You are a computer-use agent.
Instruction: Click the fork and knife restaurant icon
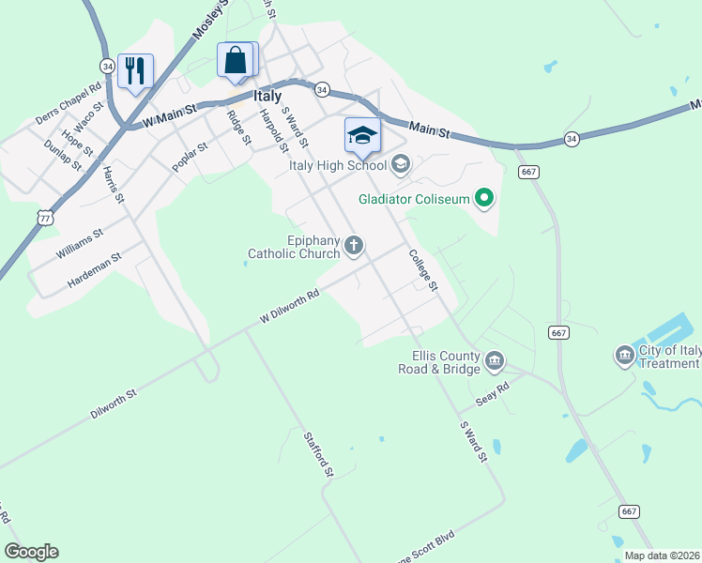(135, 70)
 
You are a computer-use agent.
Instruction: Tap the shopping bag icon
(236, 60)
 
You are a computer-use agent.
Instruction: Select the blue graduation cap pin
(362, 135)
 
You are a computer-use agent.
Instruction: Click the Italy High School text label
(337, 166)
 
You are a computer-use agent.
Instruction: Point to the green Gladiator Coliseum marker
(484, 198)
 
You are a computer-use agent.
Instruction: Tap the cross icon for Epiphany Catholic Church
(354, 246)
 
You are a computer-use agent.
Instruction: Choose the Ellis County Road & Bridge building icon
(495, 360)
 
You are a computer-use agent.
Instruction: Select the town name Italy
(267, 96)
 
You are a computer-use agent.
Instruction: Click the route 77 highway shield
(46, 217)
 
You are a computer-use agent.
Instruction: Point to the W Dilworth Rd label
(290, 306)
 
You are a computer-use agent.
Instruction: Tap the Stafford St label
(319, 454)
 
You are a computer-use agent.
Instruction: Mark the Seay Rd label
(492, 391)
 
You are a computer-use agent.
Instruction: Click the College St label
(423, 270)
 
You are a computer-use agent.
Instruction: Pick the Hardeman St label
(94, 270)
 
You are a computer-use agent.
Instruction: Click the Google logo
(31, 552)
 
